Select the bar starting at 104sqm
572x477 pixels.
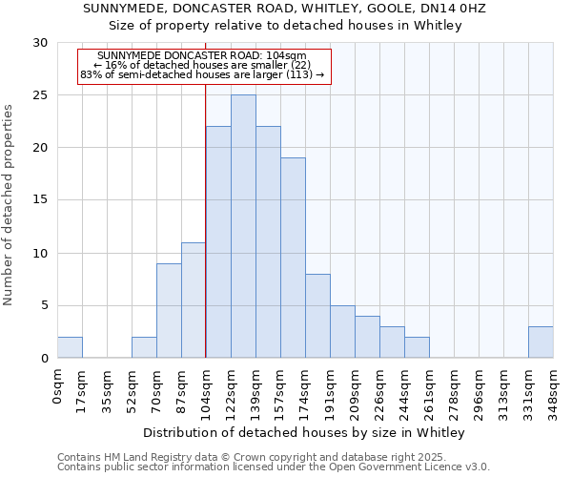coord(218,242)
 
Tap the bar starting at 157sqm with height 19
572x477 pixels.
coord(293,258)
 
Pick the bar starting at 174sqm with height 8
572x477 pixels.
coord(317,316)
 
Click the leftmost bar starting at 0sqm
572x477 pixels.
coord(70,348)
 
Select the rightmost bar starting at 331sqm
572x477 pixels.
coord(541,342)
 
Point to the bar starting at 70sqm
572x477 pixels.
coord(169,311)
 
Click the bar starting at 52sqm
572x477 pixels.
coord(144,348)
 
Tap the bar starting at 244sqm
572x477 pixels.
coord(417,348)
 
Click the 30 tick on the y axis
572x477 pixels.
coord(41,43)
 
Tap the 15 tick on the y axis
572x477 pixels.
coord(41,200)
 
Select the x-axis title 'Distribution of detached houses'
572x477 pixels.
coord(305,433)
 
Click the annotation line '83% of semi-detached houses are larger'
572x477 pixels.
coord(202,74)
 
